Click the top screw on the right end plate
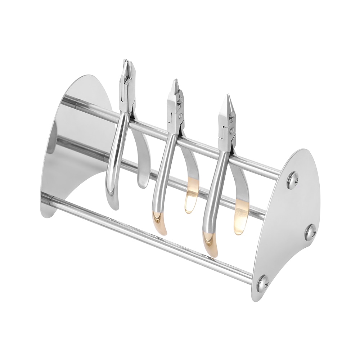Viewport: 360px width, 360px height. [x=292, y=180]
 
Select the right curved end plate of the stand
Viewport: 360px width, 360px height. [x=288, y=223]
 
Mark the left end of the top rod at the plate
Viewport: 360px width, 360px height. [x=77, y=104]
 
